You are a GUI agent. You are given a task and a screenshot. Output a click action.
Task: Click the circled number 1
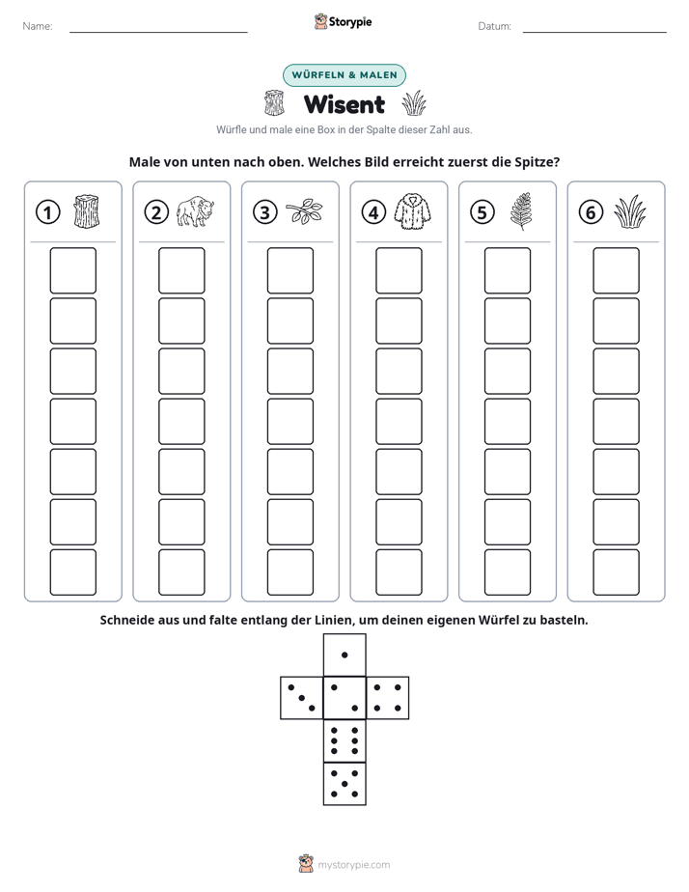[47, 212]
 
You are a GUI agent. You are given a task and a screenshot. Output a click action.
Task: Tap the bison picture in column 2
[195, 211]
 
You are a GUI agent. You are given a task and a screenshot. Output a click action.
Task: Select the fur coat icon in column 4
[413, 211]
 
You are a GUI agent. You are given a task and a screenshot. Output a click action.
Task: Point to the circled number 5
[482, 212]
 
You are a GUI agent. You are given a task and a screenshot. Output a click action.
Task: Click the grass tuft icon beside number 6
[630, 211]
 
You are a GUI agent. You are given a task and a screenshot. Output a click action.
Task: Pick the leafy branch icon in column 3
[304, 211]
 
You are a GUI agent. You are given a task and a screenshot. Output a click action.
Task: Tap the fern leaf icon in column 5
[521, 211]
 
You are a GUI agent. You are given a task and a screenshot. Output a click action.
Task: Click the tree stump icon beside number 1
[87, 211]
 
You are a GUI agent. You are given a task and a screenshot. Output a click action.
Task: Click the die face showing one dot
[344, 655]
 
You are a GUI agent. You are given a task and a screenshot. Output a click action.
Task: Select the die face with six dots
[344, 740]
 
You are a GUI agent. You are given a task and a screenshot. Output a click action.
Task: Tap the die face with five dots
[344, 783]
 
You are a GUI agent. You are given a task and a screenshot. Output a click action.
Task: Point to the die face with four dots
[387, 697]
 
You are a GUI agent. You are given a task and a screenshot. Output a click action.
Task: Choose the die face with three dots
[302, 697]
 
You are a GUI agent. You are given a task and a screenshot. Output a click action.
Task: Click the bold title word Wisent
[344, 104]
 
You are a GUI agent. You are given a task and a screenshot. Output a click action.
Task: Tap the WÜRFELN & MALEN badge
[344, 75]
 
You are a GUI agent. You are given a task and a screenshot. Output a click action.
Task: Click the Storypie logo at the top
[344, 21]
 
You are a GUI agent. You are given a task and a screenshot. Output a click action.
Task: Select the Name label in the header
[38, 26]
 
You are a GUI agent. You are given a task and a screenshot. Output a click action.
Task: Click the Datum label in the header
[495, 26]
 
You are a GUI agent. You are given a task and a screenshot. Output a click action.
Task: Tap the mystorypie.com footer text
[353, 865]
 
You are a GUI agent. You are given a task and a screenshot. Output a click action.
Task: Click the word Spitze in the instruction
[537, 162]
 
